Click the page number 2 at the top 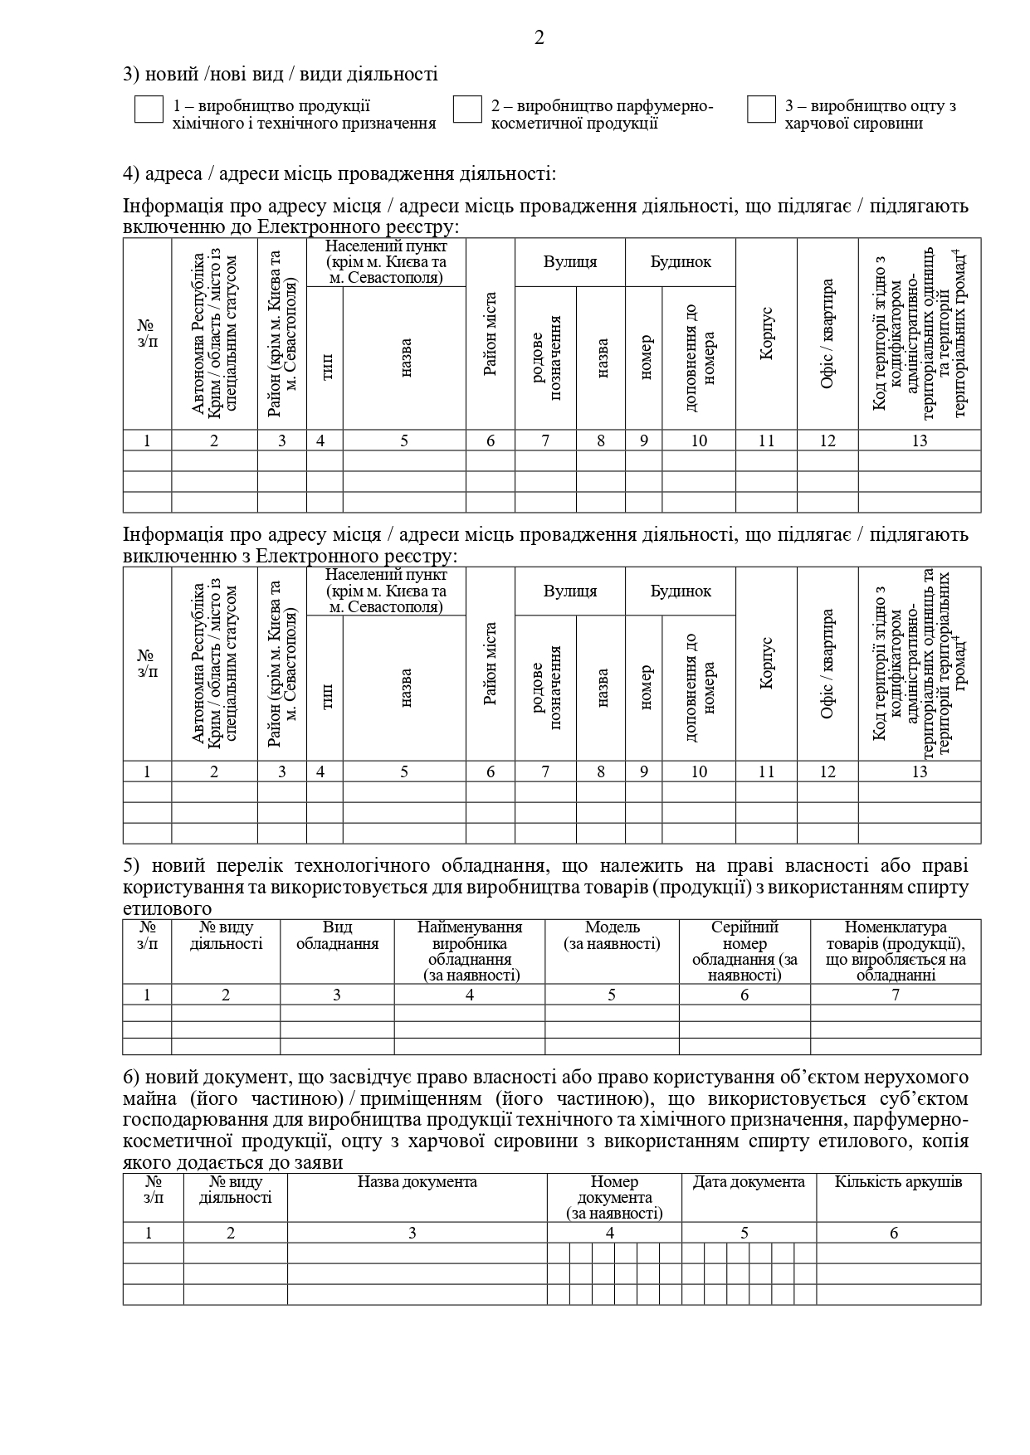coord(539,38)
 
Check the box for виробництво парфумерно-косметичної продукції coord(467,109)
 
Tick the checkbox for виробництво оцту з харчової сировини coord(761,109)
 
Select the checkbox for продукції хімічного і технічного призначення coord(149,109)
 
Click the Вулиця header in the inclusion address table coord(570,262)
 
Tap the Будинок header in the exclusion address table coord(681,591)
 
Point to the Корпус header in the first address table coord(766,333)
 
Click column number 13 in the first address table coord(919,440)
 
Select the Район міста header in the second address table coord(491,664)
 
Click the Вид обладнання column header coord(337,936)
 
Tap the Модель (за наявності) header coord(612,936)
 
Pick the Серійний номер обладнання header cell coord(744,951)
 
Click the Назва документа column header coord(417,1182)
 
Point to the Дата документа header coord(749,1182)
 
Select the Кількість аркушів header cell coord(898,1182)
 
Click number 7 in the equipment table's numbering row coord(896,995)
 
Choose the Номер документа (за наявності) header coord(614,1198)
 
